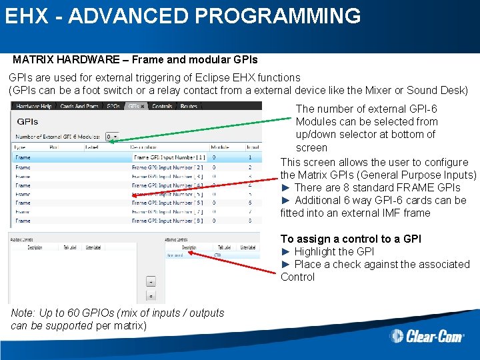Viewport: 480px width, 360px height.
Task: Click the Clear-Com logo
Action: (427, 335)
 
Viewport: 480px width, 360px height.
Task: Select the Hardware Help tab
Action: (34, 106)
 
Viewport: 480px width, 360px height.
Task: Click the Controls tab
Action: (163, 106)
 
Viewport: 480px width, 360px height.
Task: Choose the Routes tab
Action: (189, 106)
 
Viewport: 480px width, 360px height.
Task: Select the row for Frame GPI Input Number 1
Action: (133, 157)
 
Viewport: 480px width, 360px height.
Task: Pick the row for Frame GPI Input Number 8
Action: (133, 221)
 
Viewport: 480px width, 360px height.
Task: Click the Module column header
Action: (220, 147)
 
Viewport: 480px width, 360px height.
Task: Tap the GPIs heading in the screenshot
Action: (27, 122)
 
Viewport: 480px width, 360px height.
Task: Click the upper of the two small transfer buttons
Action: (151, 281)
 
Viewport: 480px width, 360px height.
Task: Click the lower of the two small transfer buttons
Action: (151, 296)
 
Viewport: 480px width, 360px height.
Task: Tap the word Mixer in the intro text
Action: (377, 91)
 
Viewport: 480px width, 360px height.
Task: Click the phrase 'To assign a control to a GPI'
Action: (351, 239)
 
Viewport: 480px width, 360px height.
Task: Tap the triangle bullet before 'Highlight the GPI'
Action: (286, 251)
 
